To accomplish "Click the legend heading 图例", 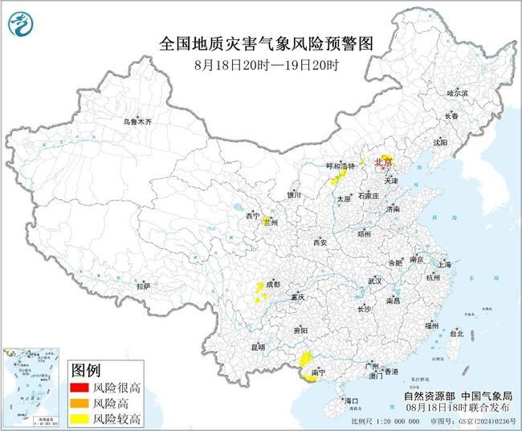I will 86,371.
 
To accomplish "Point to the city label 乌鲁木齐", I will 137,121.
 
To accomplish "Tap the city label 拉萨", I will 144,285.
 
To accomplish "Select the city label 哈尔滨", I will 456,94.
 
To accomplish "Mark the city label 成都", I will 272,284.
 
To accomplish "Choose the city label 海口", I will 351,400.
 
